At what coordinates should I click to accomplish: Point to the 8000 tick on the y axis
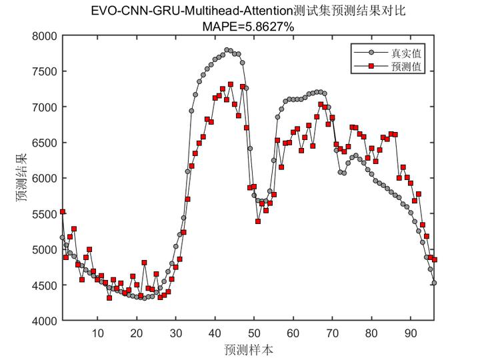pos(45,36)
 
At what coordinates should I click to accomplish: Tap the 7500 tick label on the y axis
pos(45,71)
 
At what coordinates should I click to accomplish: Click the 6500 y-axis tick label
pos(45,143)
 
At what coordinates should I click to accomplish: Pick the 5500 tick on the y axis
pos(45,214)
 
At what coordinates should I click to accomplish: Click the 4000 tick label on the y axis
pos(45,321)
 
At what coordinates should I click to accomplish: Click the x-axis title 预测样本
pos(248,349)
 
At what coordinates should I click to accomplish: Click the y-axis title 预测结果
pos(21,178)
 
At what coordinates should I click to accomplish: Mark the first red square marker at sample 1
pos(63,211)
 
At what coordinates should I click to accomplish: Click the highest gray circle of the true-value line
pos(227,50)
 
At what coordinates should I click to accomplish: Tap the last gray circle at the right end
pos(434,283)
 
